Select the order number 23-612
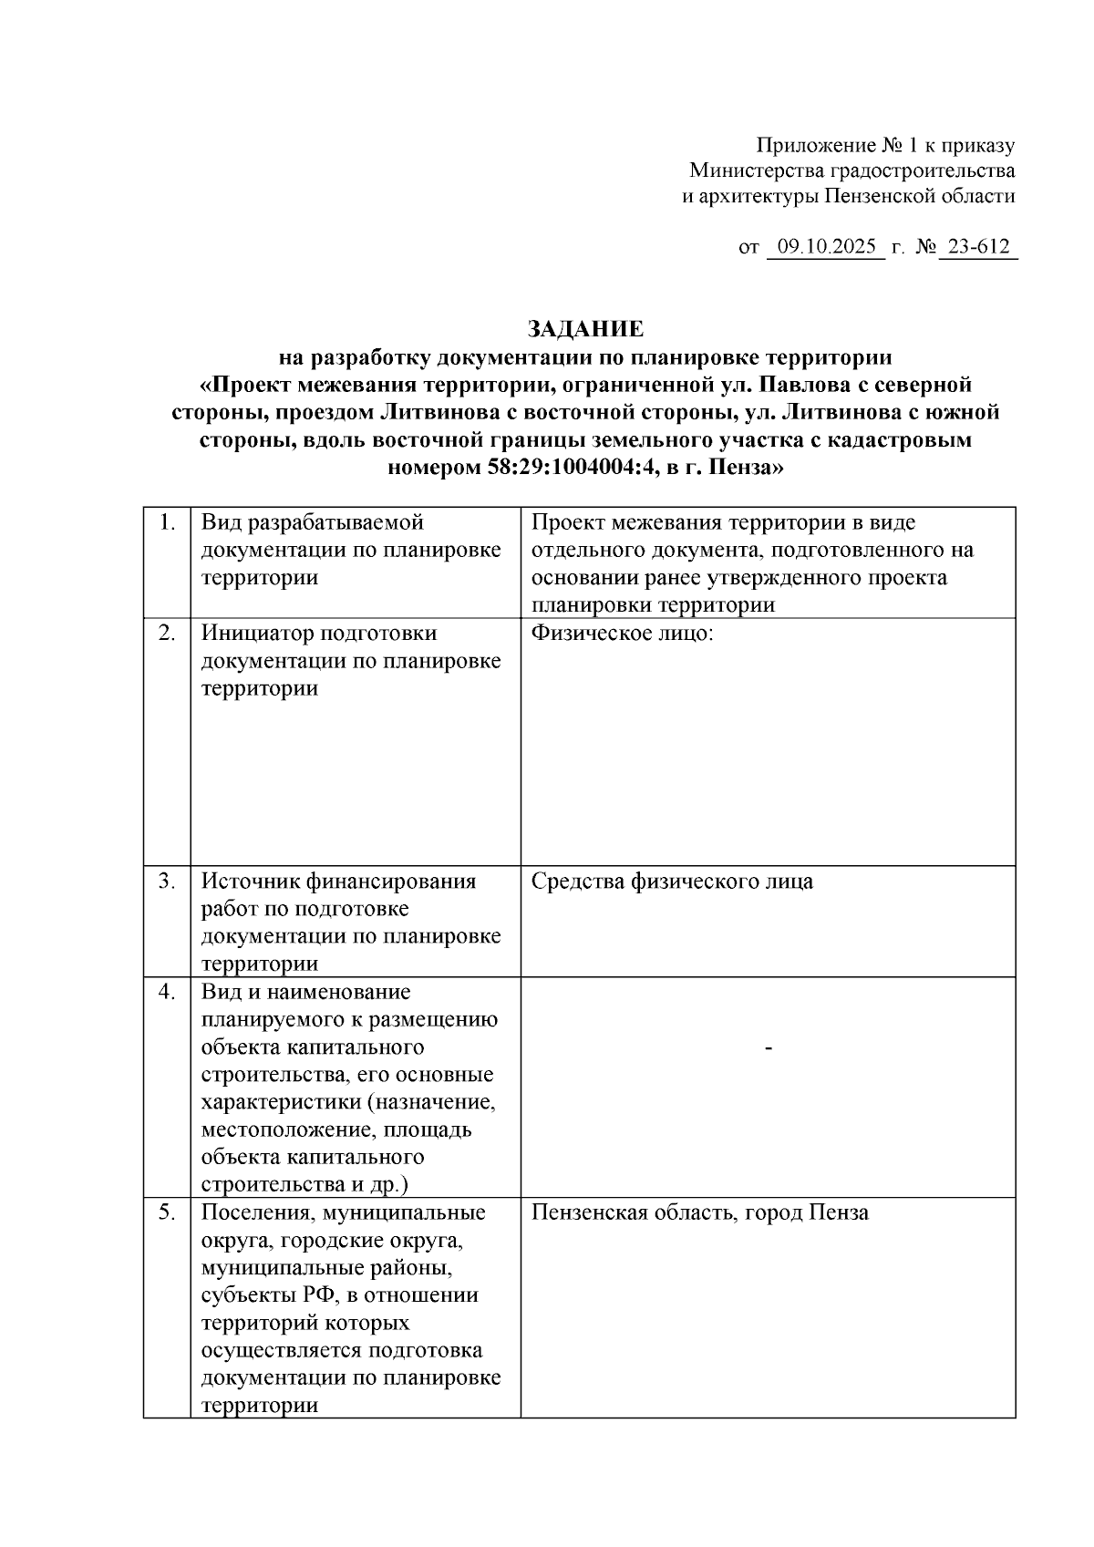[979, 247]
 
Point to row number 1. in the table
[167, 522]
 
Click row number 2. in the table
[167, 633]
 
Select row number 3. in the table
[167, 881]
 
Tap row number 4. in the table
[167, 992]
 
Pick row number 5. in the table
[167, 1212]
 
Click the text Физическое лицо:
[622, 633]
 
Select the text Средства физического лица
[672, 881]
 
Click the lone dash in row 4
[769, 1049]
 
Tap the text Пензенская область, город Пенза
[699, 1212]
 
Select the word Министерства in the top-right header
[757, 170]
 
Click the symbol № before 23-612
[924, 247]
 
